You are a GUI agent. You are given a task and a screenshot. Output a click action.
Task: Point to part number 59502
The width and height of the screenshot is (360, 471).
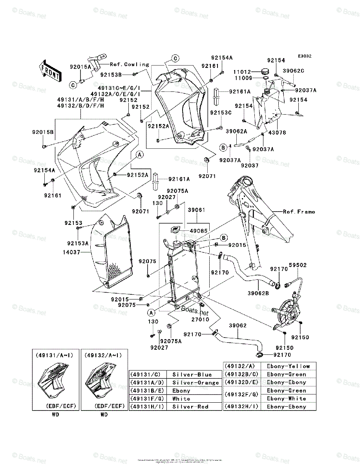point(298,265)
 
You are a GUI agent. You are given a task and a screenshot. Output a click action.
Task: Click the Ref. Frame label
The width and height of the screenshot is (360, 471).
point(299,212)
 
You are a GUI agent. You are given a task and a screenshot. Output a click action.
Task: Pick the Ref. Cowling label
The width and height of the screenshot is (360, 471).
point(129,64)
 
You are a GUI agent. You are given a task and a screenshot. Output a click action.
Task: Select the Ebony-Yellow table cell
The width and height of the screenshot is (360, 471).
point(288,366)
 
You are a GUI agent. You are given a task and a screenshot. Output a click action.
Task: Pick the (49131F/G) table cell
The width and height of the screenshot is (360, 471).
point(147,399)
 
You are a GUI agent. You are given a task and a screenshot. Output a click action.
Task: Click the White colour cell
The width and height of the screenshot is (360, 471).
point(181,399)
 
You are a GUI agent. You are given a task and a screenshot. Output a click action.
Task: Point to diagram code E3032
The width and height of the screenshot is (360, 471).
point(304,56)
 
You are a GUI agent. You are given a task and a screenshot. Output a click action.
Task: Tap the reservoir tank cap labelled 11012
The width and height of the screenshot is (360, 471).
point(265,71)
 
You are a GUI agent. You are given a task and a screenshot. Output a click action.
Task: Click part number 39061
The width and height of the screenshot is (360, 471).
point(196,210)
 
